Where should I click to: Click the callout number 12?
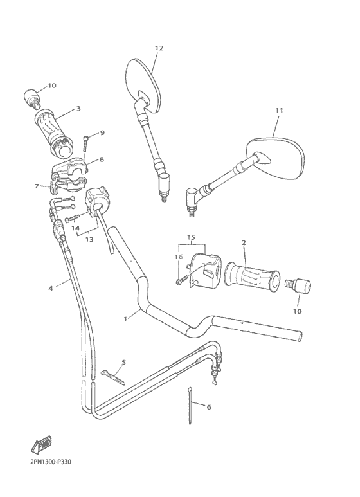pos(159,48)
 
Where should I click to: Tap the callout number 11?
pos(279,111)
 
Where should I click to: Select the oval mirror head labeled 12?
pos(143,85)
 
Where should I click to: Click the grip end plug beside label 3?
pos(32,96)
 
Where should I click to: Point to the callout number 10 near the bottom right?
pos(297,311)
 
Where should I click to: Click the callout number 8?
pos(102,159)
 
